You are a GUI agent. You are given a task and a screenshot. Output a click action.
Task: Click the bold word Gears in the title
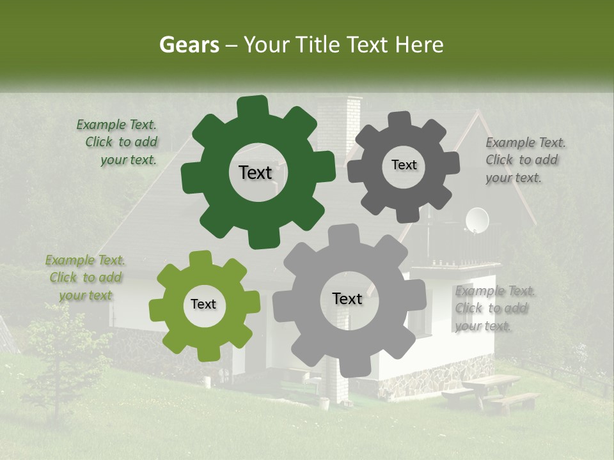pyautogui.click(x=189, y=45)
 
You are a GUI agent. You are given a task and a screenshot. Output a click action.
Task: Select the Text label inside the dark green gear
pyautogui.click(x=255, y=172)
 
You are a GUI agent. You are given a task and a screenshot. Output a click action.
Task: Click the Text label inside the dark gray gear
pyautogui.click(x=404, y=165)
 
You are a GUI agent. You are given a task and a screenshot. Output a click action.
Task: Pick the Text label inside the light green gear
pyautogui.click(x=203, y=304)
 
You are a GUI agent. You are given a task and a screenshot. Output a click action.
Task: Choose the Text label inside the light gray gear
pyautogui.click(x=347, y=298)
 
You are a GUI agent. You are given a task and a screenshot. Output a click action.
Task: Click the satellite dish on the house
pyautogui.click(x=476, y=220)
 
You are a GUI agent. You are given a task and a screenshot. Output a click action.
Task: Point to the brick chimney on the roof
pyautogui.click(x=340, y=125)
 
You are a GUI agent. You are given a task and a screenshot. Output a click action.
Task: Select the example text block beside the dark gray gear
pyautogui.click(x=524, y=160)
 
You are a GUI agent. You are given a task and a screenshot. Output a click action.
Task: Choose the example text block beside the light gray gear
pyautogui.click(x=494, y=309)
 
